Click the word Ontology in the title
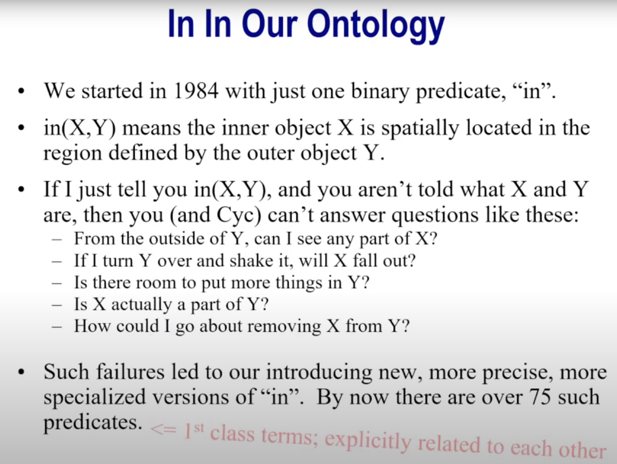coord(375,26)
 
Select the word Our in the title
coord(269,24)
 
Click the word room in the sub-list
coord(156,282)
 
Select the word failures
coord(130,372)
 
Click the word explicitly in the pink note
coord(368,440)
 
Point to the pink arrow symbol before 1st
coord(164,429)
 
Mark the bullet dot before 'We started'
coord(21,92)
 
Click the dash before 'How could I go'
coord(57,327)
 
